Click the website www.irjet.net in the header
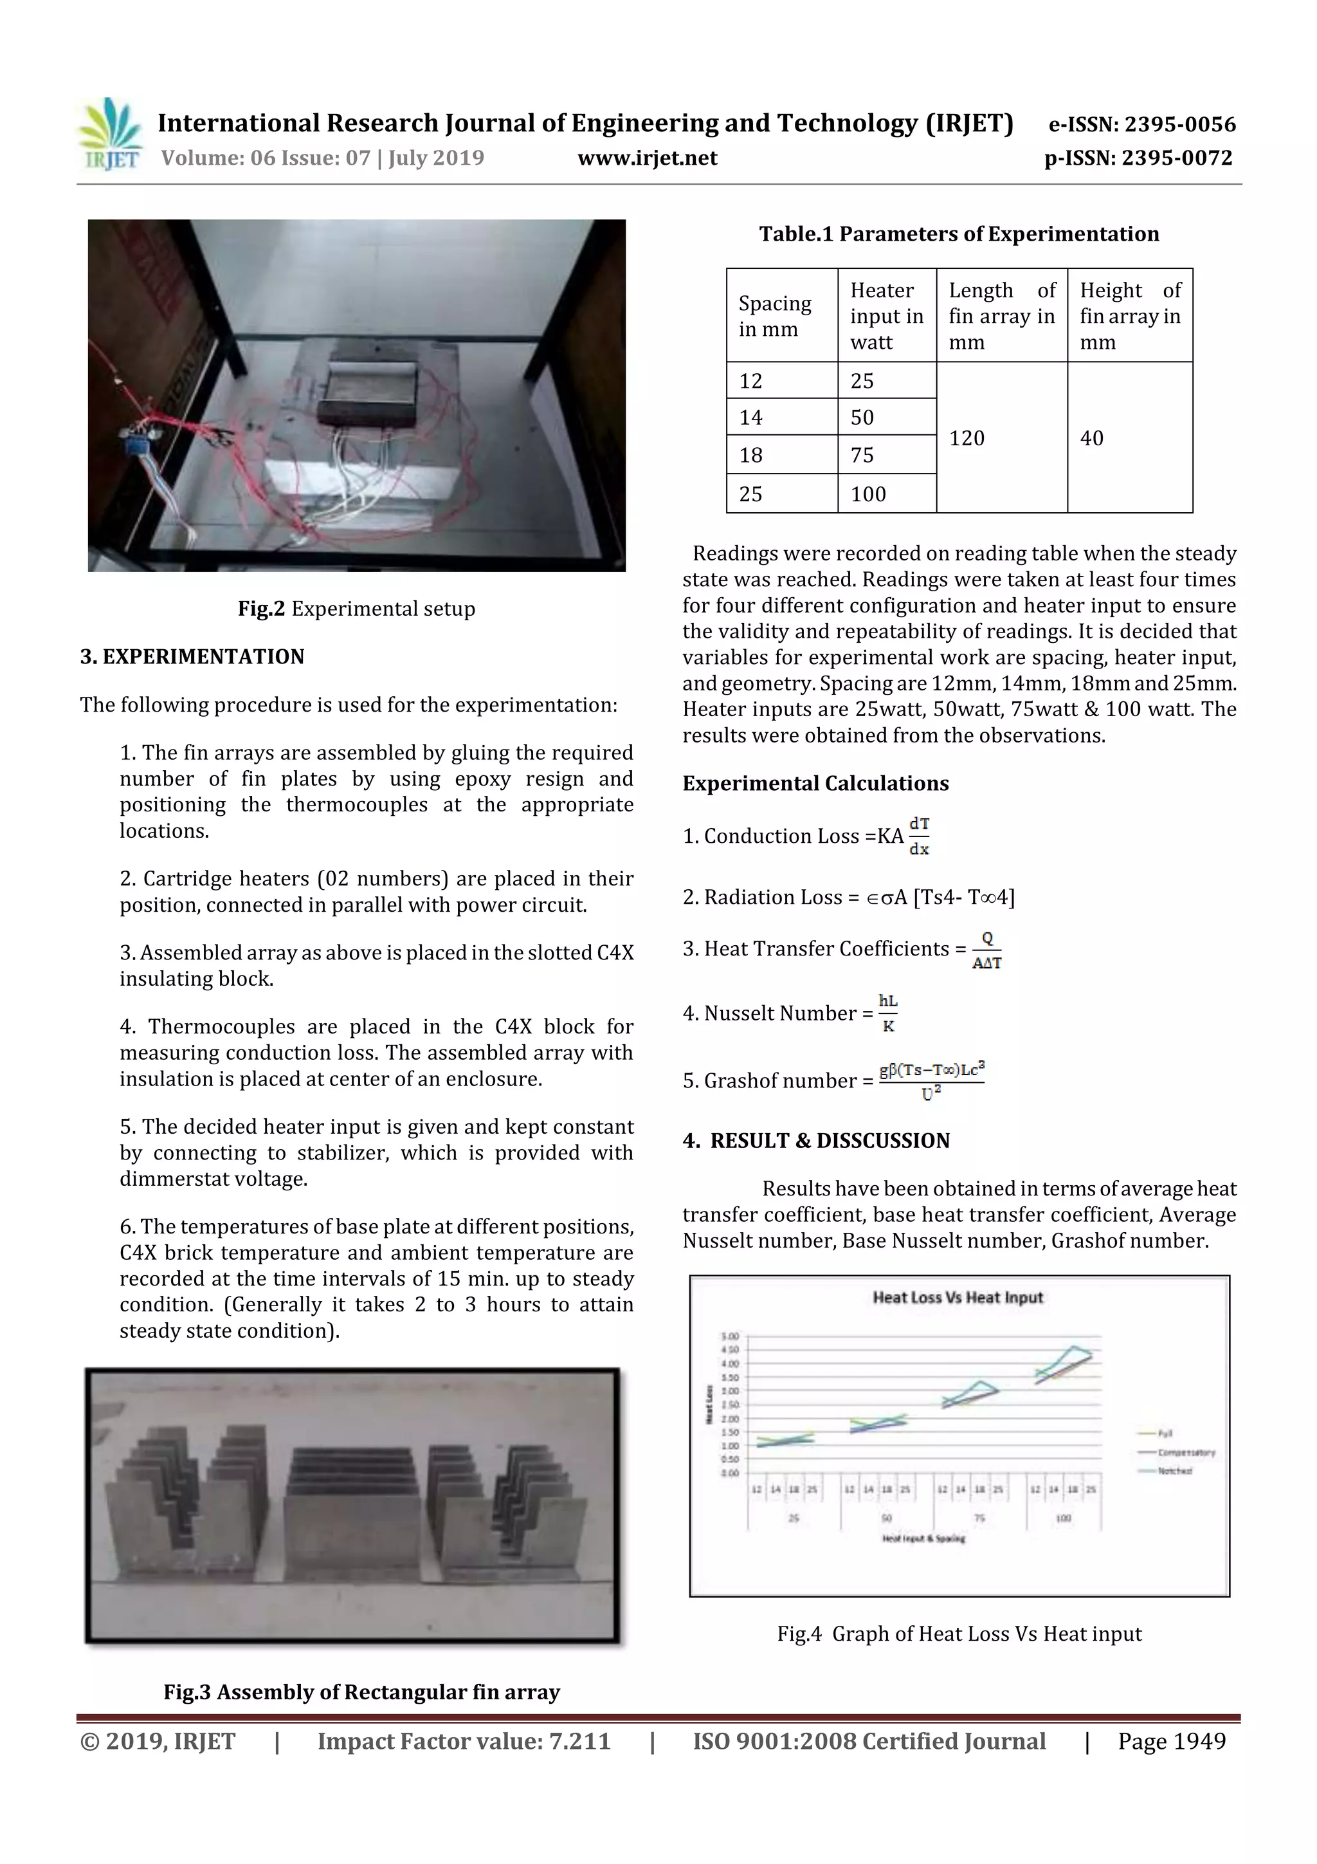pos(647,158)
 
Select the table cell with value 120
pos(967,438)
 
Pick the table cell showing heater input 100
pos(867,494)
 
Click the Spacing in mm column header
pos(775,316)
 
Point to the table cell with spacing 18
pos(750,455)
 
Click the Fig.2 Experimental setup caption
pos(356,609)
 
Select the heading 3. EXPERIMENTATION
pos(192,657)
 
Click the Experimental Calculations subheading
pos(815,784)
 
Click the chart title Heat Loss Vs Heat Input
pos(957,1297)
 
